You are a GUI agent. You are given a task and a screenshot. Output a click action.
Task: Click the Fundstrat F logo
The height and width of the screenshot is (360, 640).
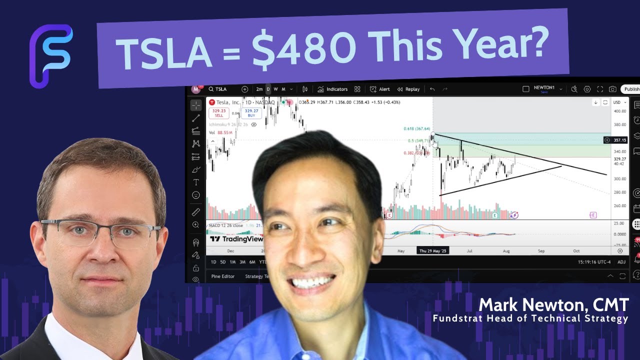tap(50, 55)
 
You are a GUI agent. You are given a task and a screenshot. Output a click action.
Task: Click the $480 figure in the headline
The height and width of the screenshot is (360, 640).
tap(305, 48)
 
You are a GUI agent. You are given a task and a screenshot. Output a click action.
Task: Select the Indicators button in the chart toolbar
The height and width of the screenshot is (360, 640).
tap(332, 89)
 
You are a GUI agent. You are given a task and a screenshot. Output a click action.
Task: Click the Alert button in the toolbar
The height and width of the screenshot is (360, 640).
tap(380, 89)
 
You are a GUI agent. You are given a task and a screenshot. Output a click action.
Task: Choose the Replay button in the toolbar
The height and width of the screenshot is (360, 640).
tap(408, 89)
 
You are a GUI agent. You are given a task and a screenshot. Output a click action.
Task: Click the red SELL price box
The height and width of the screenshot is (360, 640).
tap(219, 113)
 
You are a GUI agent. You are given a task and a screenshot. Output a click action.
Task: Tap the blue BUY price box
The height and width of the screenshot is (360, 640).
tap(251, 113)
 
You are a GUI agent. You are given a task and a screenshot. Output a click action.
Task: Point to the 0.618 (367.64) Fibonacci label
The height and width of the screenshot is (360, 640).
tap(417, 129)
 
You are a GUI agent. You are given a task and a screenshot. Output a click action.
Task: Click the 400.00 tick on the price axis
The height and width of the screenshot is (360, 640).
tap(620, 111)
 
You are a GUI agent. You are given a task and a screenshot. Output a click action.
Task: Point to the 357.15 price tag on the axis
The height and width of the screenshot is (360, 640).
tap(620, 140)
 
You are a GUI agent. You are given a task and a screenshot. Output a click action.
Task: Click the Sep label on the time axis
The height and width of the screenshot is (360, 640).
tap(540, 250)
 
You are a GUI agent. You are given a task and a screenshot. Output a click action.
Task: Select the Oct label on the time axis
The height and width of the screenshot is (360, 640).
tap(576, 250)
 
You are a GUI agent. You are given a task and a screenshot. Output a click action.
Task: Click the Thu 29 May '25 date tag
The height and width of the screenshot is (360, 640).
tap(433, 250)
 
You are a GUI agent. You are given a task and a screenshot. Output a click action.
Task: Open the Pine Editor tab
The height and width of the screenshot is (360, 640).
tap(223, 276)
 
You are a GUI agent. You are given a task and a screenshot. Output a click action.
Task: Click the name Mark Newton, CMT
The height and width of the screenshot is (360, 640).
tap(552, 304)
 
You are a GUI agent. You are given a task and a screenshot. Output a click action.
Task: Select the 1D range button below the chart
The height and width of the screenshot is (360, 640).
tap(213, 262)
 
